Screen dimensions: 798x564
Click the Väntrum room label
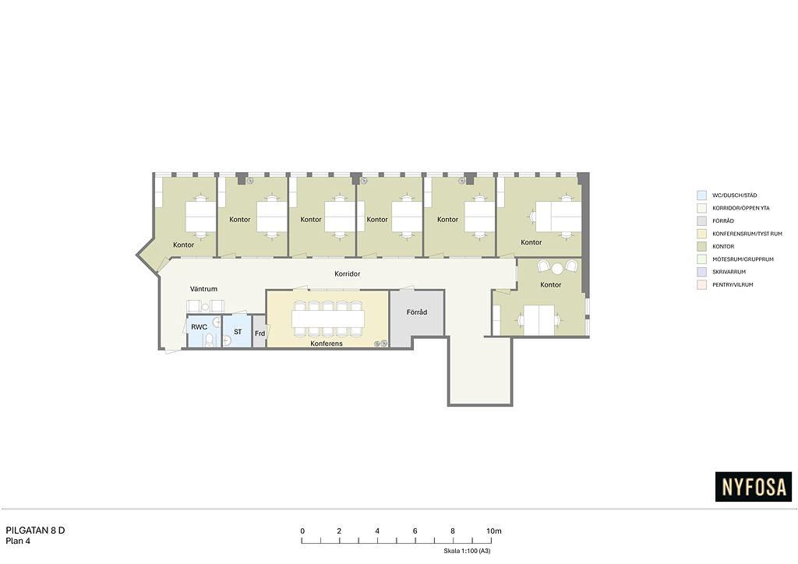tap(203, 289)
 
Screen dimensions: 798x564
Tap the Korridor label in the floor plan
tap(347, 273)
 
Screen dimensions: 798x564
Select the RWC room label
tap(199, 327)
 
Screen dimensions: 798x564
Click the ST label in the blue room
tap(238, 332)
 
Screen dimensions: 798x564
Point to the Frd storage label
tap(260, 333)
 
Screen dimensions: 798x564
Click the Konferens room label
tap(327, 344)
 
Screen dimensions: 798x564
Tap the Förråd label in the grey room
tap(417, 312)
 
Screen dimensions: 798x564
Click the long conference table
tap(328, 319)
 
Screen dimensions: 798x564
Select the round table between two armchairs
tap(558, 267)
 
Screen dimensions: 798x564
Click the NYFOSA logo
tap(754, 487)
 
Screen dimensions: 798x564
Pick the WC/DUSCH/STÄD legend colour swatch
tap(701, 196)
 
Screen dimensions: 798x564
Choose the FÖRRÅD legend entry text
tap(723, 220)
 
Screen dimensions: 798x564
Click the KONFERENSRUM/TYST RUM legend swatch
tap(701, 234)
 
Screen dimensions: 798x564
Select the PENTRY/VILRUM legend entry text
tap(733, 285)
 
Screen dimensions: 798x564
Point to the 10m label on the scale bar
tap(493, 531)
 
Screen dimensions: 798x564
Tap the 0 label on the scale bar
tap(302, 531)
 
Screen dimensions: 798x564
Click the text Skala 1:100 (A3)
tap(467, 551)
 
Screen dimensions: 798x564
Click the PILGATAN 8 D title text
tap(35, 531)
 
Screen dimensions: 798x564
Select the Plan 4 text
tap(18, 541)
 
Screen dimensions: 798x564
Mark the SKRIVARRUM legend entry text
tap(729, 272)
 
